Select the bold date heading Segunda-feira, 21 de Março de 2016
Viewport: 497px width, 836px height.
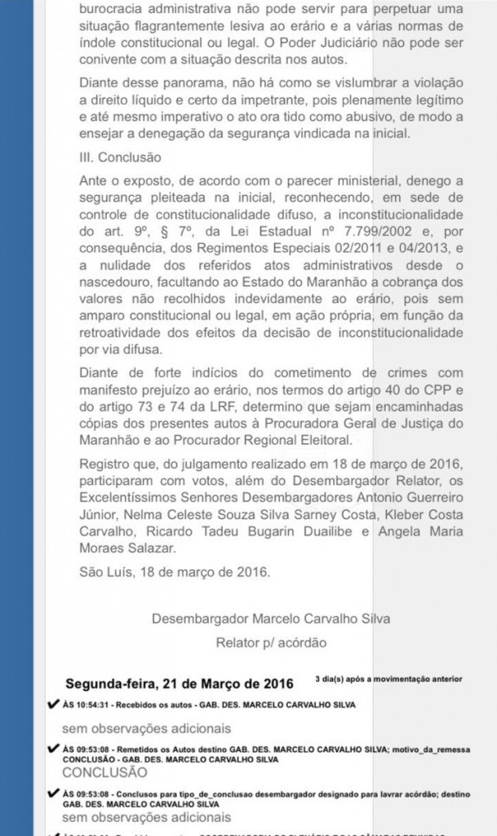180,682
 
